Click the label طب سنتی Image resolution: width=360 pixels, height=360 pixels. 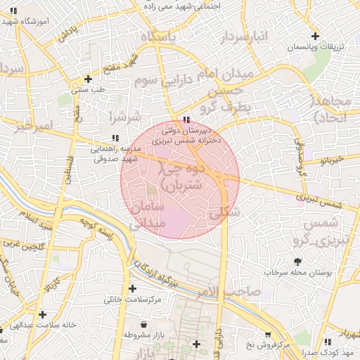(x=88, y=90)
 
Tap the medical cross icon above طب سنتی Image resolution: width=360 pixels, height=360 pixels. (x=88, y=79)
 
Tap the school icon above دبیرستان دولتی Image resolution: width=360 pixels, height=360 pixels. (x=186, y=120)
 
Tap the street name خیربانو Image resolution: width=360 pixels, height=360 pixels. (x=331, y=160)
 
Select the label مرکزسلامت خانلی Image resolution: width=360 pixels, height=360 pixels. (x=133, y=300)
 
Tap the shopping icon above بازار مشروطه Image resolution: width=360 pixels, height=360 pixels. (x=144, y=325)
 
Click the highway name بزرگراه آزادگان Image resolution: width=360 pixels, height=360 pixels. (x=163, y=277)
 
